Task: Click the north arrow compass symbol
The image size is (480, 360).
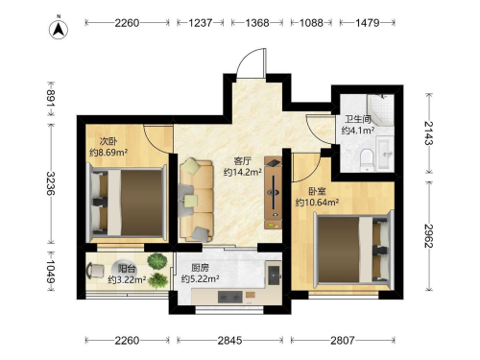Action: pyautogui.click(x=59, y=29)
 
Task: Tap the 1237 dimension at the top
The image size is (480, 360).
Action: pyautogui.click(x=201, y=23)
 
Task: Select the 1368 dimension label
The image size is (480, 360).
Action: pyautogui.click(x=257, y=23)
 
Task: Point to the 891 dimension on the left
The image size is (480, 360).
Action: pyautogui.click(x=51, y=98)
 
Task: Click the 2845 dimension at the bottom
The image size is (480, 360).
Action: pyautogui.click(x=229, y=340)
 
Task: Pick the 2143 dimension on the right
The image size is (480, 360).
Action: pyautogui.click(x=429, y=133)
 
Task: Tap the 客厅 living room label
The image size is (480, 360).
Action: pyautogui.click(x=243, y=160)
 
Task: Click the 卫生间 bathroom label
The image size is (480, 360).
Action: pyautogui.click(x=357, y=120)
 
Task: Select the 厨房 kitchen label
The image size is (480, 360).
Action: pyautogui.click(x=200, y=268)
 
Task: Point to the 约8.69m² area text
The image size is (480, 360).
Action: pyautogui.click(x=108, y=153)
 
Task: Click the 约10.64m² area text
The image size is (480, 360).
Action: pyautogui.click(x=317, y=203)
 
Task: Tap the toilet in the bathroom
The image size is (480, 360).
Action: pyautogui.click(x=367, y=159)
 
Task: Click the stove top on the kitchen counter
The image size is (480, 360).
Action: pyautogui.click(x=229, y=298)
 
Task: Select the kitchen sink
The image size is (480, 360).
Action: pyautogui.click(x=275, y=276)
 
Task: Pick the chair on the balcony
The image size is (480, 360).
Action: pyautogui.click(x=95, y=271)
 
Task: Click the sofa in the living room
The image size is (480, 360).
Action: pyautogui.click(x=196, y=201)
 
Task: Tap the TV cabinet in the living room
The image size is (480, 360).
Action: pyautogui.click(x=273, y=193)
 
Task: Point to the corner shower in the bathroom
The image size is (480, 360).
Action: pyautogui.click(x=380, y=109)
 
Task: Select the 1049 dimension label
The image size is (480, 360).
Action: pyautogui.click(x=51, y=271)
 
